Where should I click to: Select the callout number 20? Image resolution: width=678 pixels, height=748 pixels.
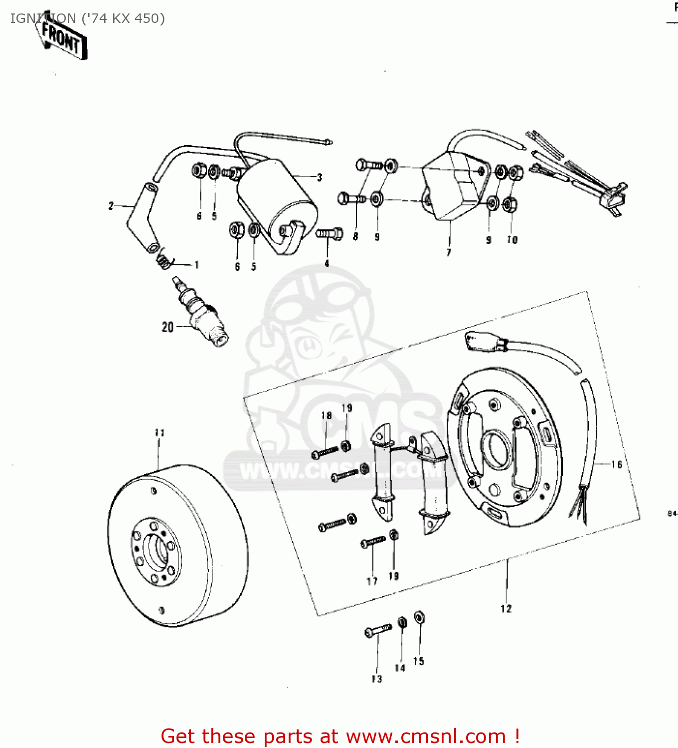[x=168, y=327]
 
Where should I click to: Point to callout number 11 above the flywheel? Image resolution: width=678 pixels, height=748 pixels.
[x=160, y=432]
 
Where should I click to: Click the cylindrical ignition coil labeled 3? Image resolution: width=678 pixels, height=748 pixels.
[x=277, y=204]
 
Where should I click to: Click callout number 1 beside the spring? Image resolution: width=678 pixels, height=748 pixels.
[x=197, y=265]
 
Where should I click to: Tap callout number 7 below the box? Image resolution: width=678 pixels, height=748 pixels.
[x=449, y=252]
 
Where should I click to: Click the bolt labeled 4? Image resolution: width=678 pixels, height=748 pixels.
[x=330, y=233]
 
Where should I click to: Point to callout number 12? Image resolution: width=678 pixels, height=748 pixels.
[x=506, y=608]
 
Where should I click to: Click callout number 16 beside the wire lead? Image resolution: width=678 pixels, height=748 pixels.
[x=617, y=464]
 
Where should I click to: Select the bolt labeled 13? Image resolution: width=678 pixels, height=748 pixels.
[x=378, y=631]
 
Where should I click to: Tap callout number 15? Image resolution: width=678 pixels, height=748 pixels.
[x=419, y=661]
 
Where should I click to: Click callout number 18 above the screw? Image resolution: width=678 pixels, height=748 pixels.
[x=327, y=415]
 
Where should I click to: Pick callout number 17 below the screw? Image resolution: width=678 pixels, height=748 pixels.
[x=372, y=581]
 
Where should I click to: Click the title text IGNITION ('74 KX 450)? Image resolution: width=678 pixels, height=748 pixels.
[x=88, y=18]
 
